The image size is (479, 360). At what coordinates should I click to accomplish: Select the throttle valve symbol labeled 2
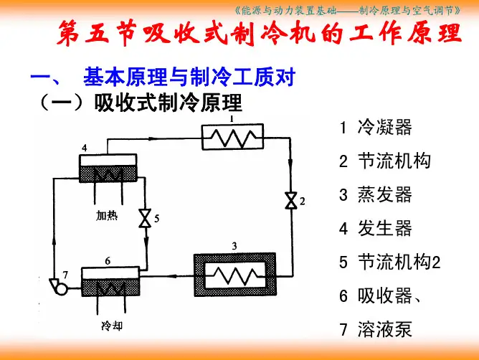pyautogui.click(x=291, y=201)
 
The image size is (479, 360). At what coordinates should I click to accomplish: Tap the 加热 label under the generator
pyautogui.click(x=107, y=215)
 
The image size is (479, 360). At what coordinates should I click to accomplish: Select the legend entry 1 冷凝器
pyautogui.click(x=375, y=128)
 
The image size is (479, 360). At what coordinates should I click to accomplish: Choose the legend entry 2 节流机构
pyautogui.click(x=384, y=161)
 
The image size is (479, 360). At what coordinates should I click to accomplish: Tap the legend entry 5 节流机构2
pyautogui.click(x=389, y=262)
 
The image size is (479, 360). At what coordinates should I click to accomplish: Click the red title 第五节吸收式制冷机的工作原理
pyautogui.click(x=259, y=34)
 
